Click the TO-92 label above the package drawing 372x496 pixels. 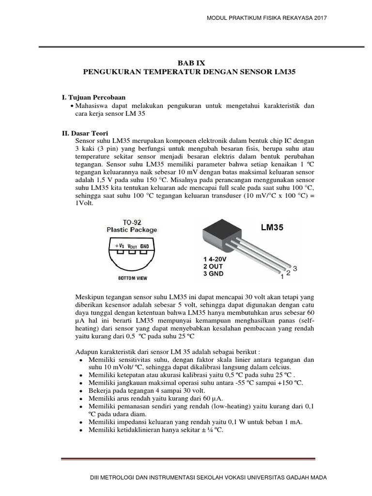[x=132, y=222]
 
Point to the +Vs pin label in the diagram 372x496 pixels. [x=120, y=247]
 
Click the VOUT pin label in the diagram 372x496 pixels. [x=132, y=247]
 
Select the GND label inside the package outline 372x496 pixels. [x=144, y=247]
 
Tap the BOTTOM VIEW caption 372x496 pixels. [x=132, y=278]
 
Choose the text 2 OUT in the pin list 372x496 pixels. [x=213, y=266]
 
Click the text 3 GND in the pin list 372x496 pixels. [x=213, y=274]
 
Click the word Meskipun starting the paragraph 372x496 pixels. [x=90, y=296]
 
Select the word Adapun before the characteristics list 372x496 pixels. [x=87, y=351]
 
